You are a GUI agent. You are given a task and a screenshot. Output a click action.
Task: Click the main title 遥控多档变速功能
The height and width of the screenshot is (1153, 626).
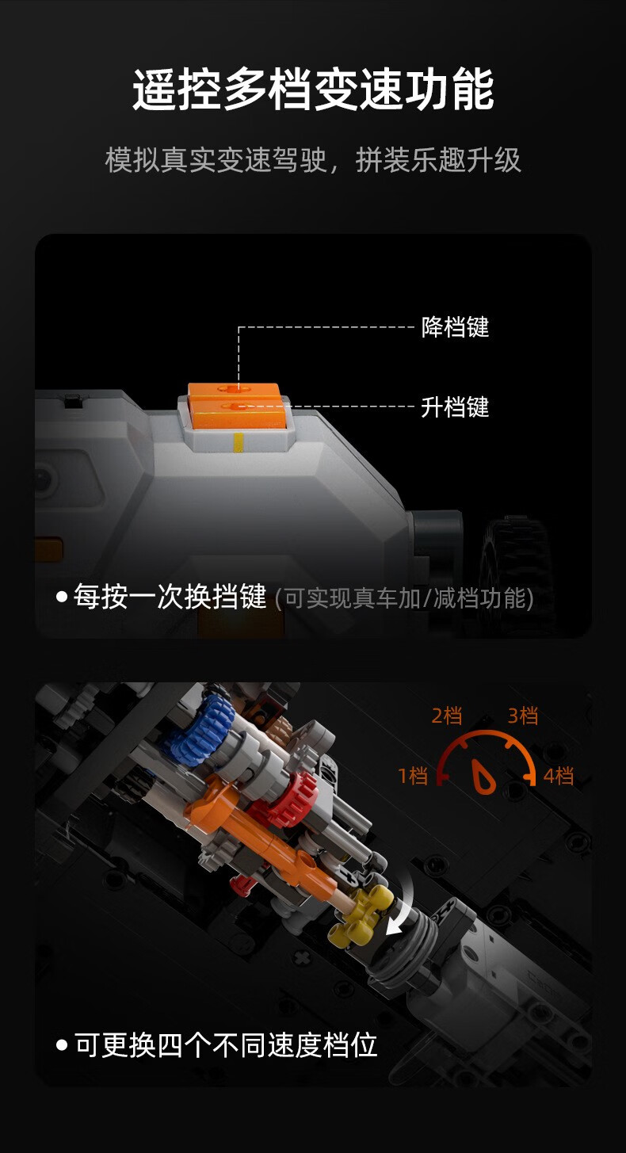(x=313, y=90)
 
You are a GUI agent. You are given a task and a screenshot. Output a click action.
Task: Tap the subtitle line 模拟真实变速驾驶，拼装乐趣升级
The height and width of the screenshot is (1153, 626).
(x=313, y=159)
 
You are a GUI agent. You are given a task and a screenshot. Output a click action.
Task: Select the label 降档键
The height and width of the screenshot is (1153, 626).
(x=455, y=326)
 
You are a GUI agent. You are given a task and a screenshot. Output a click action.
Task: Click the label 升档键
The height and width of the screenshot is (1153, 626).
(x=455, y=407)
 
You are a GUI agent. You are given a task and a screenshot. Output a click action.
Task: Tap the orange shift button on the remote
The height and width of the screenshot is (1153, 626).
(x=237, y=406)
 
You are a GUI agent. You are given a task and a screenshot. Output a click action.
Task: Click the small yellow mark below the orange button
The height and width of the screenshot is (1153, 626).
(x=239, y=443)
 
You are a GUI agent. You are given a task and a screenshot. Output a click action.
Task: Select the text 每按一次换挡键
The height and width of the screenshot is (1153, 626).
(x=170, y=597)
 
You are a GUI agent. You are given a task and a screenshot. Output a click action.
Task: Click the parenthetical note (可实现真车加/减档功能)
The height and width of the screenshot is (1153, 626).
(x=404, y=598)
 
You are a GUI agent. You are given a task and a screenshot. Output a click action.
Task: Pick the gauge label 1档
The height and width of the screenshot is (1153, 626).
(x=413, y=776)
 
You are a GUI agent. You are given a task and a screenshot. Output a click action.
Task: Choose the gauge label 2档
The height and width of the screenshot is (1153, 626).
(x=447, y=716)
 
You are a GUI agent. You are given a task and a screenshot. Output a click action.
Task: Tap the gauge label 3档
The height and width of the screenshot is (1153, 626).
(x=523, y=716)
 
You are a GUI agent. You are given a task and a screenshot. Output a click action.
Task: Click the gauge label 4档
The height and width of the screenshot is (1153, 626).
(x=559, y=776)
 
